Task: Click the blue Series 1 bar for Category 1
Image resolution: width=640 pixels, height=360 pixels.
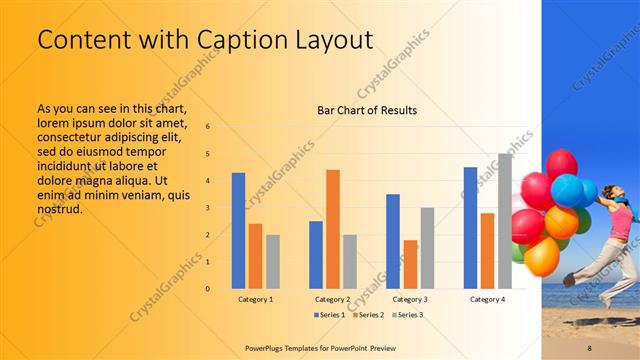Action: pos(238,231)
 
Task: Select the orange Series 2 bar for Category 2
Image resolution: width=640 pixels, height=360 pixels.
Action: pos(333,229)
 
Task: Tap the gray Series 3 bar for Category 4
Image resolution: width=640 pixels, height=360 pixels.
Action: pos(505,221)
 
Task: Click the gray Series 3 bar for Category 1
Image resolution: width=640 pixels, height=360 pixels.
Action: pos(273,261)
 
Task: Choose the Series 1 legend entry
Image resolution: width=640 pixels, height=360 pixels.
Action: pos(331,315)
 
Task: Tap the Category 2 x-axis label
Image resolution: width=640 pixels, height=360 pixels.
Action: pos(333,299)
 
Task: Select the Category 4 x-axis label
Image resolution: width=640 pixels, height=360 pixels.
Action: pos(487,299)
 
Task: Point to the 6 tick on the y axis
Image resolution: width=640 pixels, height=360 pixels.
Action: pos(208,127)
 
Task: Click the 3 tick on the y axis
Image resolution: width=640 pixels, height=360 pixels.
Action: pos(208,208)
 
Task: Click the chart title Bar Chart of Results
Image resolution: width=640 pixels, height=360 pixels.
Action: pos(367,110)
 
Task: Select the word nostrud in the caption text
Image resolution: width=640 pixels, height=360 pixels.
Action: pos(59,208)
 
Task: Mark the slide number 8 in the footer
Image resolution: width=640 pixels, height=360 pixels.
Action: pos(590,346)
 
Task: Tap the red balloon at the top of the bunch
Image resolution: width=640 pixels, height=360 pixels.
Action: pos(561,162)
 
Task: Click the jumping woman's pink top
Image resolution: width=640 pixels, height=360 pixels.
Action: pos(620,224)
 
